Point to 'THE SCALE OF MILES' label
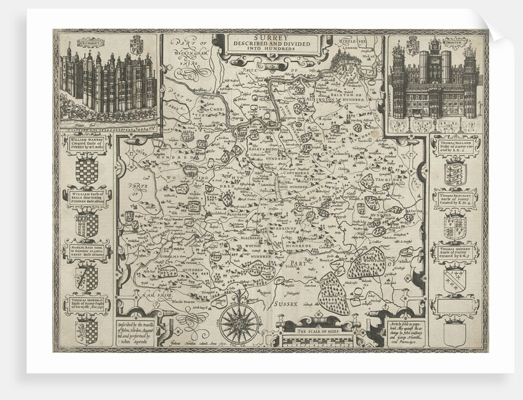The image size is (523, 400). pos(311,331)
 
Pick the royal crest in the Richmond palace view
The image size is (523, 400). pos(137,45)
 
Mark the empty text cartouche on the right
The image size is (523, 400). pos(455,303)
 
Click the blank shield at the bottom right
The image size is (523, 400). pos(455,332)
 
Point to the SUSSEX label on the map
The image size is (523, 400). pos(300,303)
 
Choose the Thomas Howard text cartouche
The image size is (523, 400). pos(455,251)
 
